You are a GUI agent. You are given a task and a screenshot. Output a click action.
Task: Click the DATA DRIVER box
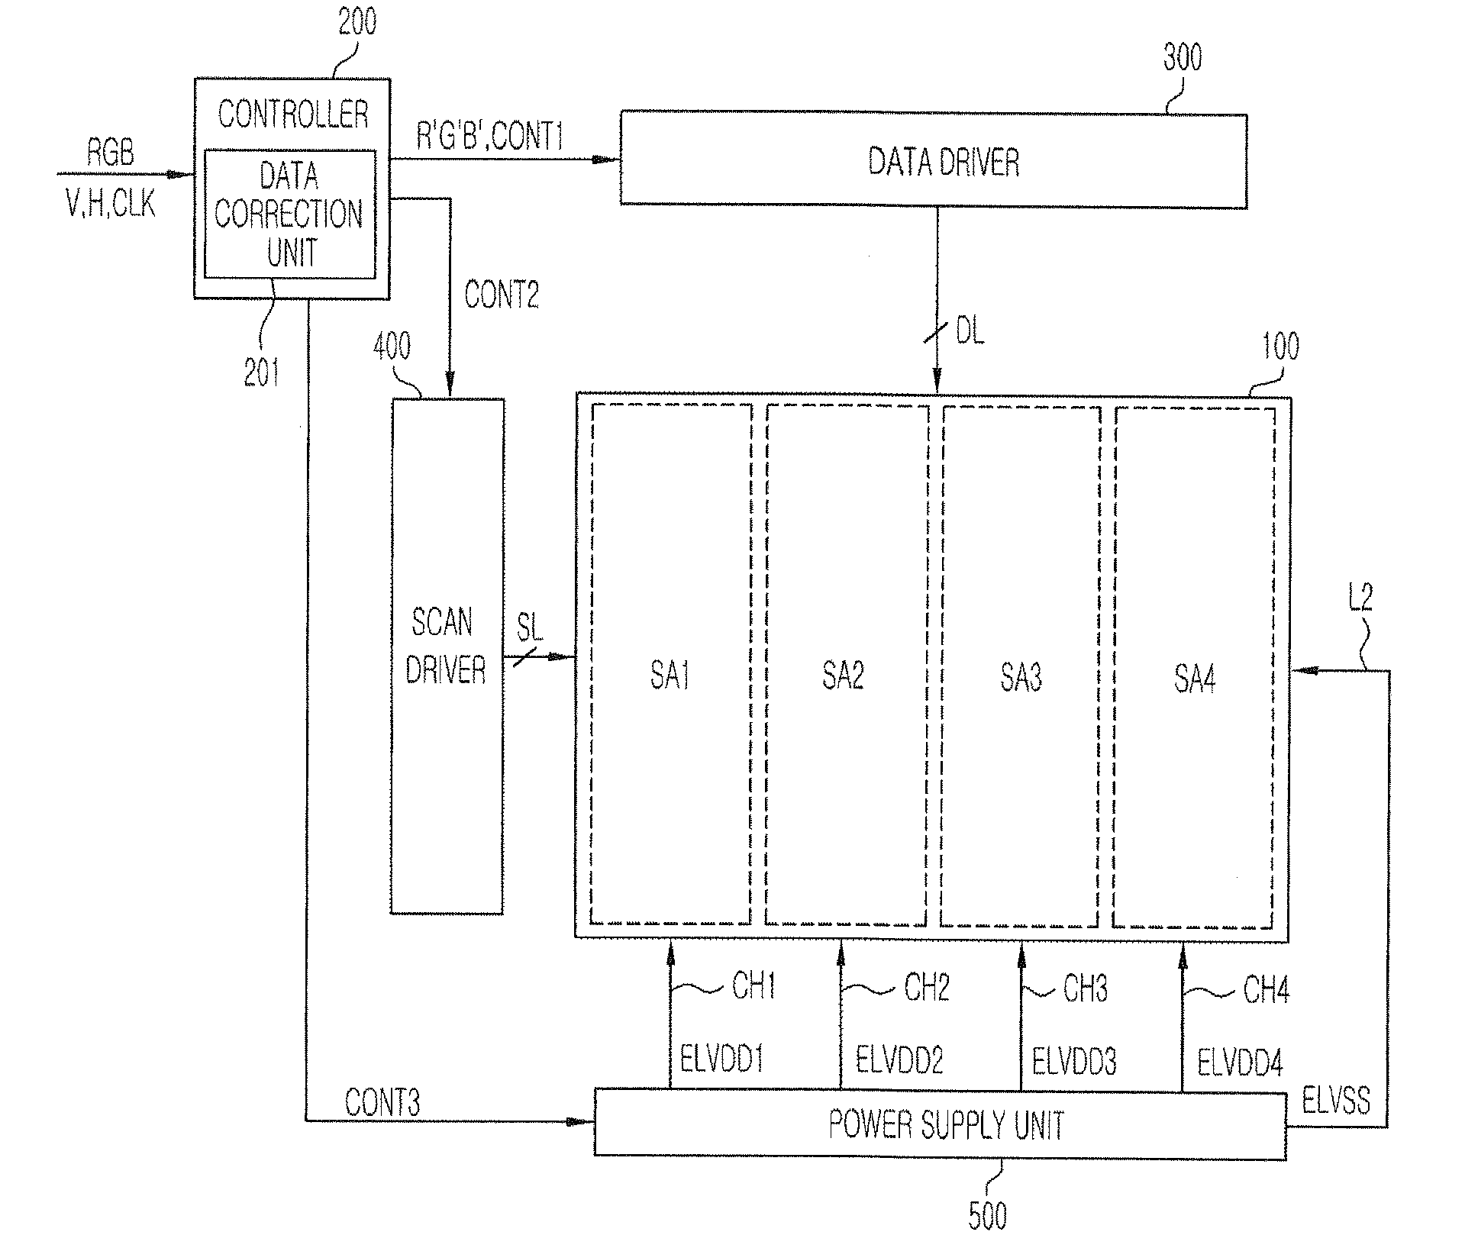coord(933,160)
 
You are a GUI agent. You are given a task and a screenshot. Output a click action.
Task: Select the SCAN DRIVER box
coord(447,656)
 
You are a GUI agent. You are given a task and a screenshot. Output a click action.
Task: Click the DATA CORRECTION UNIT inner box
coord(290,214)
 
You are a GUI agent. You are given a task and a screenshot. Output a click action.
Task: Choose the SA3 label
coord(1021,677)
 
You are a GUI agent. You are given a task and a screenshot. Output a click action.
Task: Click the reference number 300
coord(1182,58)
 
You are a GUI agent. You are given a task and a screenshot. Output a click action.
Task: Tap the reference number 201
coord(262,373)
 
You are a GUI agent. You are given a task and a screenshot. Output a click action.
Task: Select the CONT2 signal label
coord(502,294)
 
